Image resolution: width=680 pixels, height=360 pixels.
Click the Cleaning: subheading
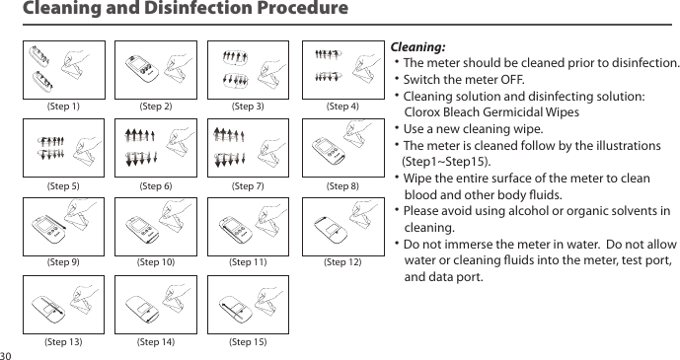pyautogui.click(x=418, y=46)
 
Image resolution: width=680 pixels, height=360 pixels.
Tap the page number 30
pyautogui.click(x=6, y=356)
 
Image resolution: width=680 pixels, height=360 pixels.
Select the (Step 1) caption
pyautogui.click(x=63, y=107)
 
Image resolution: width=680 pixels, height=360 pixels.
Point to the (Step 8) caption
pyautogui.click(x=342, y=185)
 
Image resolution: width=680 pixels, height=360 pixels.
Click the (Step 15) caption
pyautogui.click(x=248, y=342)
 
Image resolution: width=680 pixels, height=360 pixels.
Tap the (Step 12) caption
pyautogui.click(x=342, y=262)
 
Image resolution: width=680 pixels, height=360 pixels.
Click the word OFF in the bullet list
pyautogui.click(x=512, y=80)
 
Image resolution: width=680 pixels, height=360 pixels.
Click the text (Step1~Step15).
pyautogui.click(x=447, y=162)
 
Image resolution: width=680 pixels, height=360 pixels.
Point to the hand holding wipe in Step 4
pyautogui.click(x=367, y=67)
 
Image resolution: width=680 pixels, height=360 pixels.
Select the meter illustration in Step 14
pyautogui.click(x=142, y=308)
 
